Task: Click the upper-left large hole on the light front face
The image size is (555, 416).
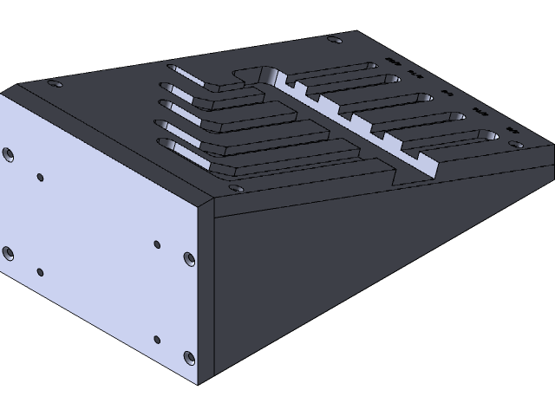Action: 8,154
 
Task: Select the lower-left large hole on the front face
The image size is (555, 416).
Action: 8,253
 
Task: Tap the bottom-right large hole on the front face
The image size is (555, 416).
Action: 188,355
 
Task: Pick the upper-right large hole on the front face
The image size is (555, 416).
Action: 188,258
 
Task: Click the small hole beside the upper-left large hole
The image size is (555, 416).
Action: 40,178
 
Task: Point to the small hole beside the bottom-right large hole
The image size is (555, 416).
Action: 156,339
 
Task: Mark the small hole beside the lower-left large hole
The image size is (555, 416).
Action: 39,271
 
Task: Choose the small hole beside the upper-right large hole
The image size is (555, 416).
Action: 156,244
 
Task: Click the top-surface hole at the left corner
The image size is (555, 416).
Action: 55,84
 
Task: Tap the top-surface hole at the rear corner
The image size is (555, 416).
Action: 333,39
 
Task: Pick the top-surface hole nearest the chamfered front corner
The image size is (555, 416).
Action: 232,185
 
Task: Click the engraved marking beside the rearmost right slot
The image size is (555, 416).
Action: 393,62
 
